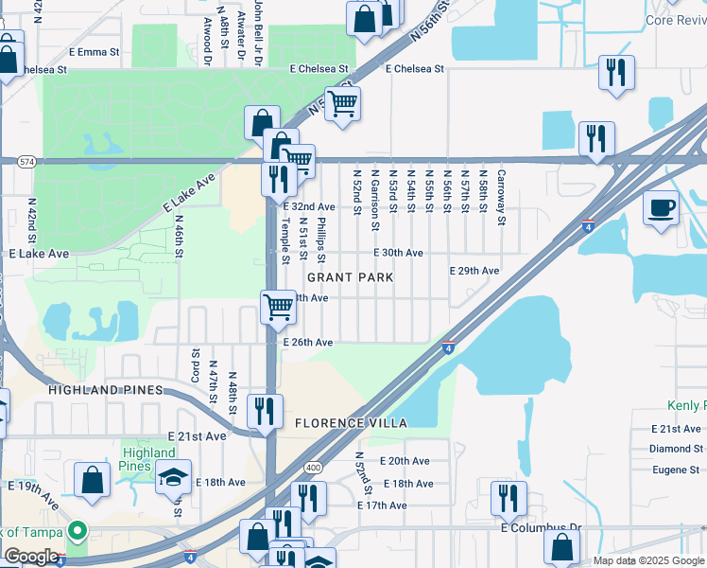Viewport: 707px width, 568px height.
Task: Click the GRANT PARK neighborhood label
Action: [x=350, y=277]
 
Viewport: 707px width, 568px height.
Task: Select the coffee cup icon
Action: [x=661, y=206]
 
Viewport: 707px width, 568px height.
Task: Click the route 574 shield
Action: [x=26, y=162]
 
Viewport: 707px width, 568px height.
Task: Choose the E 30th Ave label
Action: [x=398, y=253]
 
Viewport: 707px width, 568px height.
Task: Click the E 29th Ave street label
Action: [x=474, y=271]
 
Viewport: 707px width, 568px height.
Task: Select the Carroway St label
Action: [x=502, y=197]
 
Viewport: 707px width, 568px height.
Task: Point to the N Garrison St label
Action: [x=375, y=200]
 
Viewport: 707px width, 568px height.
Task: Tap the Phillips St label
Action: [x=321, y=240]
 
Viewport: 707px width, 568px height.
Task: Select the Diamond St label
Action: [x=677, y=449]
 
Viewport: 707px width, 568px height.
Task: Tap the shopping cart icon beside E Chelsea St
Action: [x=342, y=102]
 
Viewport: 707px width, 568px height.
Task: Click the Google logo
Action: [x=31, y=557]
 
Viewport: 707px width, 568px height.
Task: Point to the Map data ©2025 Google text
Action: [x=648, y=560]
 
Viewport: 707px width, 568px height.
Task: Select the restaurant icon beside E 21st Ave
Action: [x=265, y=410]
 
